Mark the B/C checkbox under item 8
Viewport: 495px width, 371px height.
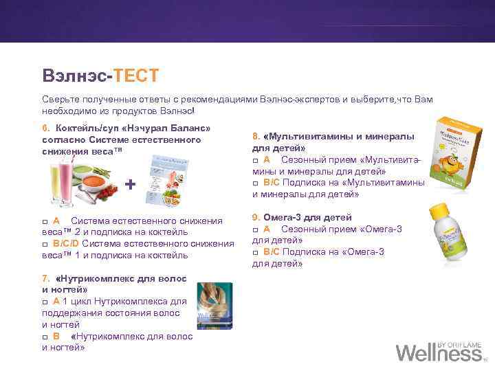coord(256,183)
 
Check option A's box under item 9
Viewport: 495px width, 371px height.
coord(256,229)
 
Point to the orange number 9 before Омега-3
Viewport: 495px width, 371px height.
coord(255,217)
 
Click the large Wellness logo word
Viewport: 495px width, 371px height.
coord(439,353)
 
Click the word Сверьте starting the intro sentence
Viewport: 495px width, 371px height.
coord(60,100)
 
